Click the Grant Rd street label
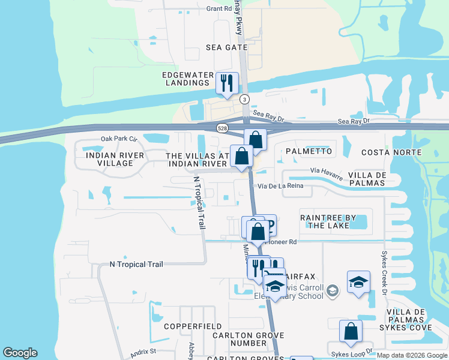click(218, 9)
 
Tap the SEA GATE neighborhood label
click(226, 47)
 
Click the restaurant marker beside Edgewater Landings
click(227, 83)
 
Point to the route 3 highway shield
click(244, 98)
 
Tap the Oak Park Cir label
click(119, 139)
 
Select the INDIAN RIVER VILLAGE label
click(115, 159)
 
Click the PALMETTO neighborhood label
click(309, 151)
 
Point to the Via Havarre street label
click(327, 173)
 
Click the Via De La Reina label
click(285, 186)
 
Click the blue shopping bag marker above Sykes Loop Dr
click(351, 331)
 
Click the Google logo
click(20, 353)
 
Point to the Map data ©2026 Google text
click(411, 355)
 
